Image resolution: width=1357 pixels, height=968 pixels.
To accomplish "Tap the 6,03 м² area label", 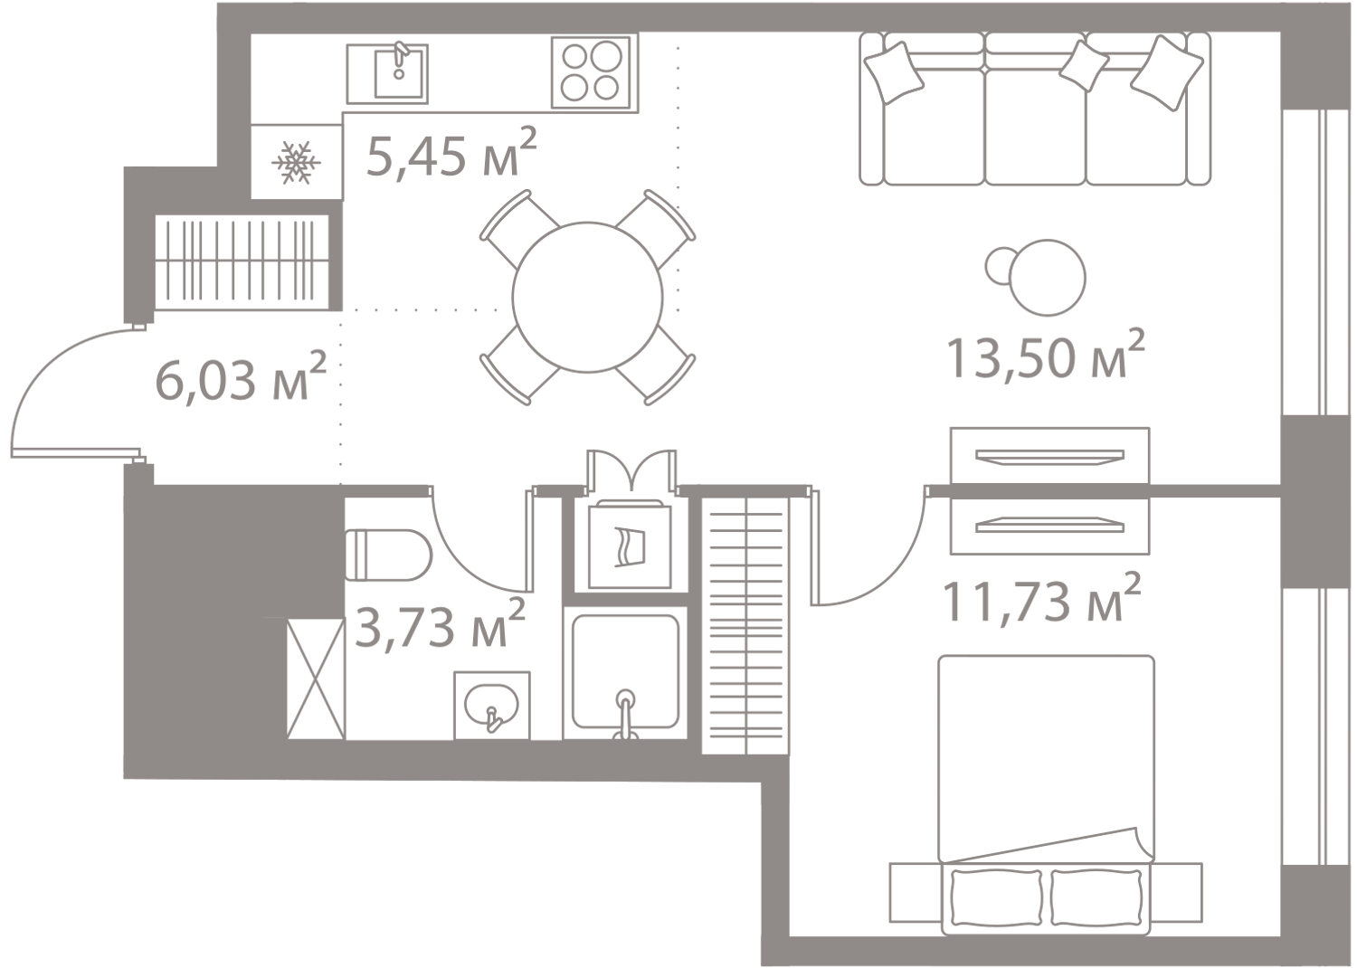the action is (242, 376).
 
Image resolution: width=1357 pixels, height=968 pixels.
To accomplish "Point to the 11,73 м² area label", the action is (1042, 599).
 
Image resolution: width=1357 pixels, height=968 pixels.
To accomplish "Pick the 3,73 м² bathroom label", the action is (440, 623).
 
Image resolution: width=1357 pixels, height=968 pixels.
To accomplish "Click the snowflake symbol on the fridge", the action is (296, 162).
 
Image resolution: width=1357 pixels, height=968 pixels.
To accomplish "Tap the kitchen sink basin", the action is (399, 73).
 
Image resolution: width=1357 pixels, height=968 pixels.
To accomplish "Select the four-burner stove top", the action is (591, 72).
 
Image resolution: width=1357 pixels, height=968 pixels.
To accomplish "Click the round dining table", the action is (588, 297).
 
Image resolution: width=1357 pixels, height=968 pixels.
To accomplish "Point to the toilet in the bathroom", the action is (388, 555).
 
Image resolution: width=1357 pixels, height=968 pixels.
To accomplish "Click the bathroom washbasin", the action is (492, 705).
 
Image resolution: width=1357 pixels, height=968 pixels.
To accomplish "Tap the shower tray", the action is (625, 672).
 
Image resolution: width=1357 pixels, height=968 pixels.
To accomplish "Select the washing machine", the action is (630, 546).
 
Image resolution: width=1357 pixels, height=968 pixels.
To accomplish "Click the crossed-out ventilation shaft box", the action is (316, 679).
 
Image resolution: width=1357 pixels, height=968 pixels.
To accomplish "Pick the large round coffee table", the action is (1048, 278).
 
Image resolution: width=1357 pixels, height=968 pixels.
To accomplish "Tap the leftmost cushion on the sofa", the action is (894, 72).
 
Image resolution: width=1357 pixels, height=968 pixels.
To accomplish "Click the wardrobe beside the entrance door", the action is (242, 261).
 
